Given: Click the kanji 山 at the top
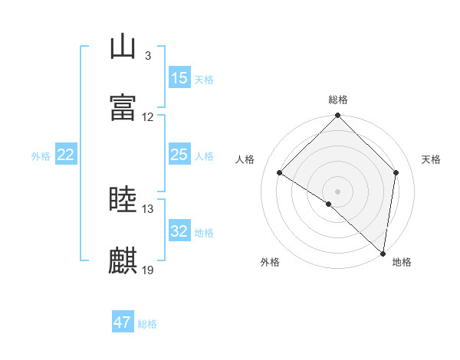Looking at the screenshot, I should [123, 47].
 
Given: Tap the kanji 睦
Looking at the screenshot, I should [123, 200].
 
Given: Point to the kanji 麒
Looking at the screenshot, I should [123, 260].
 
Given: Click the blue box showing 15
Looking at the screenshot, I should [179, 78].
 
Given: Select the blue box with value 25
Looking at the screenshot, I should [179, 155].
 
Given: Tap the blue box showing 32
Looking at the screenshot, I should [179, 231].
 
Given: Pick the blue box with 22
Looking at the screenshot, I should [66, 155].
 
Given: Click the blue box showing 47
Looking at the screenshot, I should [123, 322].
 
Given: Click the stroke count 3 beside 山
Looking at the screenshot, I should [147, 56].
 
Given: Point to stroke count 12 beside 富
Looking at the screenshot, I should [148, 117].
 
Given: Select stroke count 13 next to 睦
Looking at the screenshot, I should [148, 209].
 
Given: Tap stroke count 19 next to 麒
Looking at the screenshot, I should [148, 270].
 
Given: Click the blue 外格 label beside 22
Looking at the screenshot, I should [41, 155].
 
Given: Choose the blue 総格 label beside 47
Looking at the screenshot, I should [147, 324].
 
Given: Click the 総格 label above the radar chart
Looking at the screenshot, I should [338, 100].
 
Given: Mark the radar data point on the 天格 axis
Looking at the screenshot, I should [396, 172].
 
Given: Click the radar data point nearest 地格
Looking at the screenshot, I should [383, 254].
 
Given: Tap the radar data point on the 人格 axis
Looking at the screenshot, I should [280, 173].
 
